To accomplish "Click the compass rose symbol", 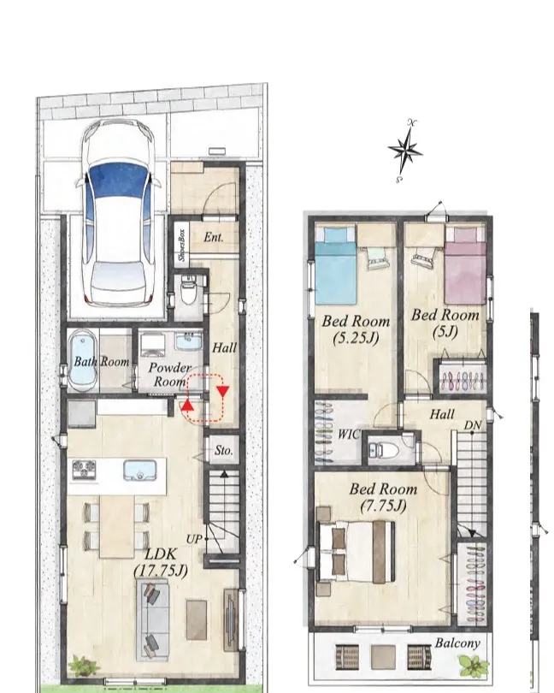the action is [x=404, y=151].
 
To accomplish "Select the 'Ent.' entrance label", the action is [x=214, y=237].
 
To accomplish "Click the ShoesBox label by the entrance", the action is [x=181, y=244].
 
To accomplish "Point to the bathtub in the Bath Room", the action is [x=82, y=363].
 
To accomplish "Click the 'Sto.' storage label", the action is [x=223, y=450].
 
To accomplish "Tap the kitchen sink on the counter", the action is [x=139, y=471].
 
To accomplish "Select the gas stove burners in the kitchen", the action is [x=84, y=470].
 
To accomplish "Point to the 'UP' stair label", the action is [x=194, y=539].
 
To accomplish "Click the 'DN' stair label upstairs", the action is [x=472, y=425].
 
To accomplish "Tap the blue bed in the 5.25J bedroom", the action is [x=335, y=265].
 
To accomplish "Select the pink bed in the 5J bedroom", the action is [x=465, y=265].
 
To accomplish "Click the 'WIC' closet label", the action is [x=349, y=435].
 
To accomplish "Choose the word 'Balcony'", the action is [x=457, y=643].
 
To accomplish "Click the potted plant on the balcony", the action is [x=474, y=666].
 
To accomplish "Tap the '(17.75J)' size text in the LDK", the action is [x=161, y=571].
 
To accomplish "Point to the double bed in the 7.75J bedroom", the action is [x=356, y=551].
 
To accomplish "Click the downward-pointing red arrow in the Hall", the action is [x=223, y=391].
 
